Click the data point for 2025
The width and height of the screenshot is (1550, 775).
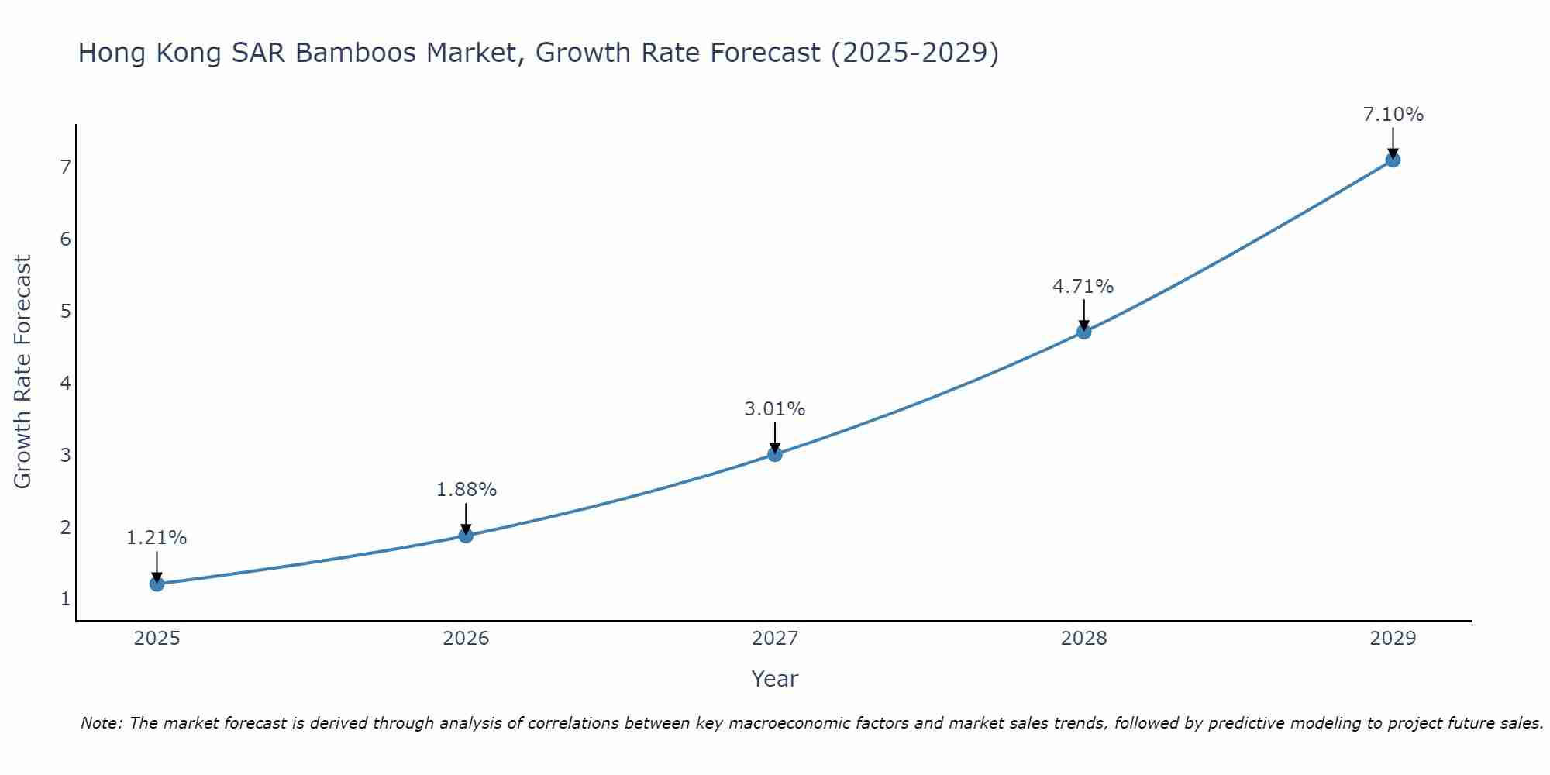(x=157, y=584)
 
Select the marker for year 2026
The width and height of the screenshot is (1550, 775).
(x=466, y=536)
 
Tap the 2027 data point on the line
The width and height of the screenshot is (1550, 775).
(x=775, y=454)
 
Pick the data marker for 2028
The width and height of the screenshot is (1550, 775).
(x=1084, y=332)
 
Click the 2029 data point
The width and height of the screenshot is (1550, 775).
(x=1393, y=160)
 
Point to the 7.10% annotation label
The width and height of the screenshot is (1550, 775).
(x=1393, y=115)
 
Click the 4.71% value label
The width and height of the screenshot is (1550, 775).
(x=1083, y=287)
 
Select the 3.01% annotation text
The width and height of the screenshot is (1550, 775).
(x=775, y=408)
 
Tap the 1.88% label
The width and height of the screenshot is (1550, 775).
(x=466, y=490)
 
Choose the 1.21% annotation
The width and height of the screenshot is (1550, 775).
(x=157, y=538)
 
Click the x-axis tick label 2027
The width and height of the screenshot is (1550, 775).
(x=775, y=639)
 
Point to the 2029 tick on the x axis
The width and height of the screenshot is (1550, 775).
(x=1393, y=639)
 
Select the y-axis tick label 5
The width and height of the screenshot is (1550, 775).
(x=65, y=311)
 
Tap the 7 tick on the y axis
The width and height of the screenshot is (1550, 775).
(x=65, y=167)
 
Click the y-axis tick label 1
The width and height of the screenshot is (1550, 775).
(x=65, y=599)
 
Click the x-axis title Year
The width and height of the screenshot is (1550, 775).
(x=775, y=679)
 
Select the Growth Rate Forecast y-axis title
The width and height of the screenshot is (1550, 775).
(x=23, y=372)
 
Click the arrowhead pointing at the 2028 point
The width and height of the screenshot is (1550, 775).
(x=1084, y=324)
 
